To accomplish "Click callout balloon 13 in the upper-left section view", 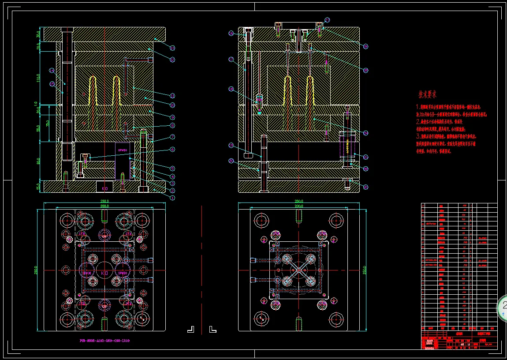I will pyautogui.click(x=172, y=48).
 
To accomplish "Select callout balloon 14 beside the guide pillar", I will pyautogui.click(x=52, y=70).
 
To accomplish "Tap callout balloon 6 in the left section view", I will pyautogui.click(x=172, y=149).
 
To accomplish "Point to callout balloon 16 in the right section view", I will pyautogui.click(x=231, y=34).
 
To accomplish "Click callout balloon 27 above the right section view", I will pyautogui.click(x=327, y=20).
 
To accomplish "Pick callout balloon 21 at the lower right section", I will pyautogui.click(x=365, y=187).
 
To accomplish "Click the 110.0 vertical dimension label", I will pyautogui.click(x=39, y=79).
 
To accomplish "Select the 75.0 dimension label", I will pyautogui.click(x=48, y=124).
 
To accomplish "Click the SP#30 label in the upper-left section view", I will pyautogui.click(x=123, y=150).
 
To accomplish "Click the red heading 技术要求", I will pyautogui.click(x=427, y=94).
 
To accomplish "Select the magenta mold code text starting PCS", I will pyautogui.click(x=104, y=341).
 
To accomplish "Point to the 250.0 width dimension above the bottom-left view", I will pyautogui.click(x=104, y=201).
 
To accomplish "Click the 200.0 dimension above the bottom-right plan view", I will pyautogui.click(x=299, y=206).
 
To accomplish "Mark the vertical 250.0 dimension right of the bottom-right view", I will pyautogui.click(x=365, y=270).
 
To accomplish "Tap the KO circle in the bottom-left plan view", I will pyautogui.click(x=104, y=274).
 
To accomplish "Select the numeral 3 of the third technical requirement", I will pyautogui.click(x=418, y=137).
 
